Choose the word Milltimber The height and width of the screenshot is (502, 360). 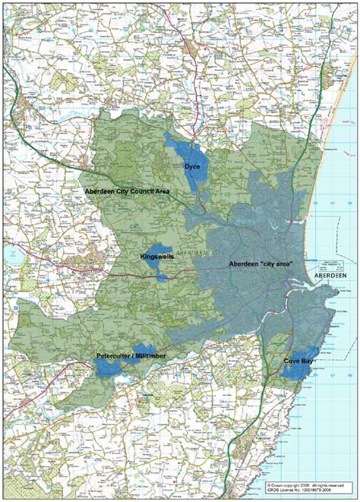tap(151, 355)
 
